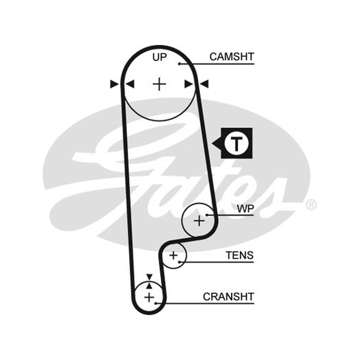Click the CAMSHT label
(x=232, y=57)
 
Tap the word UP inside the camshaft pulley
(x=160, y=57)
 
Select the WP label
(x=245, y=209)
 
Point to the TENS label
(x=239, y=255)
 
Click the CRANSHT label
(x=229, y=297)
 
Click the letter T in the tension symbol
(x=237, y=144)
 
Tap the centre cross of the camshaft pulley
(x=159, y=84)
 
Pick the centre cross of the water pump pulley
(x=199, y=221)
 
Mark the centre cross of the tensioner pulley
(x=174, y=255)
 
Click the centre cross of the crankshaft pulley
(x=149, y=297)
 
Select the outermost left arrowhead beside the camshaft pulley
(x=114, y=84)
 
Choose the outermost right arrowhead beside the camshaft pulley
(x=204, y=84)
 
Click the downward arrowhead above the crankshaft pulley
(x=149, y=277)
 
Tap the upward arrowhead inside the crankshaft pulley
(x=149, y=286)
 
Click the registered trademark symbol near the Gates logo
(x=311, y=205)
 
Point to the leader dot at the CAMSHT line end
(x=180, y=64)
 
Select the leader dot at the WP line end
(x=207, y=215)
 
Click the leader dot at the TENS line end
(x=179, y=262)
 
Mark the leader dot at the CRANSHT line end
(x=156, y=303)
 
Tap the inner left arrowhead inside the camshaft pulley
(x=130, y=84)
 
